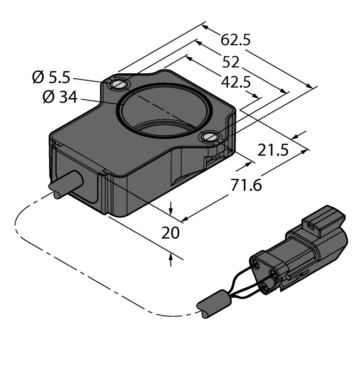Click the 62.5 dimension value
(x=236, y=40)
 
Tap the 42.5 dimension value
(x=235, y=82)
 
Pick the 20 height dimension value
(x=171, y=233)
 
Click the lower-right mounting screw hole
(x=211, y=137)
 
